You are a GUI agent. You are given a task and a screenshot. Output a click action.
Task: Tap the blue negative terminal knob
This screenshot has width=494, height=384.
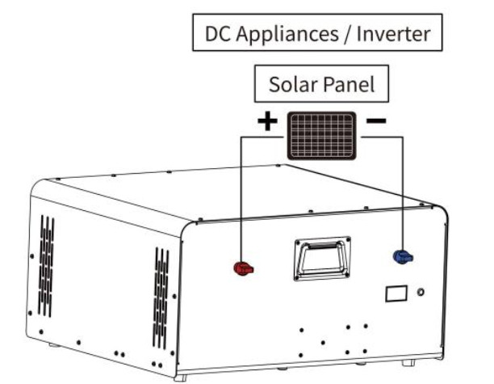(402, 257)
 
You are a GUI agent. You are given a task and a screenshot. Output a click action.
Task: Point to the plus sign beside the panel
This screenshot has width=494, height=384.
(267, 122)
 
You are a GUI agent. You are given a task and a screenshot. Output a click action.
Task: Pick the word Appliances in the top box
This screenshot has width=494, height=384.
(282, 35)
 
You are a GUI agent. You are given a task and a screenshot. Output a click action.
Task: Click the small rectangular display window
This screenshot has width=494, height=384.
(396, 293)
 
